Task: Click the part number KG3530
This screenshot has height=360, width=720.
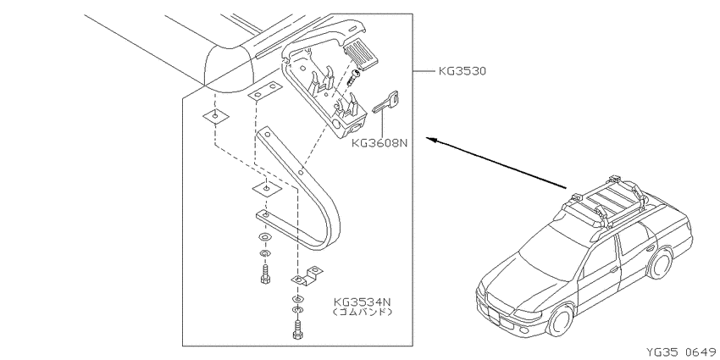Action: tap(462, 71)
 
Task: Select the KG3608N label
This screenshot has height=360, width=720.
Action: tap(379, 142)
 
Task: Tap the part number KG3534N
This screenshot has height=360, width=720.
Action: tap(363, 302)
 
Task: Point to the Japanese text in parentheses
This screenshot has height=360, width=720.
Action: tap(363, 313)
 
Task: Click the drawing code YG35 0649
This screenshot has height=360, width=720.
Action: tap(682, 352)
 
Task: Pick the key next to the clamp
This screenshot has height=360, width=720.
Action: tap(386, 101)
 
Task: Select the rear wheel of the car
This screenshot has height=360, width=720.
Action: tap(660, 264)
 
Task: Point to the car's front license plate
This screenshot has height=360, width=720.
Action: tap(493, 315)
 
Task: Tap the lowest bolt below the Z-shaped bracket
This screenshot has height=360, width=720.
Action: tap(297, 330)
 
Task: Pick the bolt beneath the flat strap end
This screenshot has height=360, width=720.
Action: tap(265, 275)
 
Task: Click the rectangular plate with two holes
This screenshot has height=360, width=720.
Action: tap(264, 91)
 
